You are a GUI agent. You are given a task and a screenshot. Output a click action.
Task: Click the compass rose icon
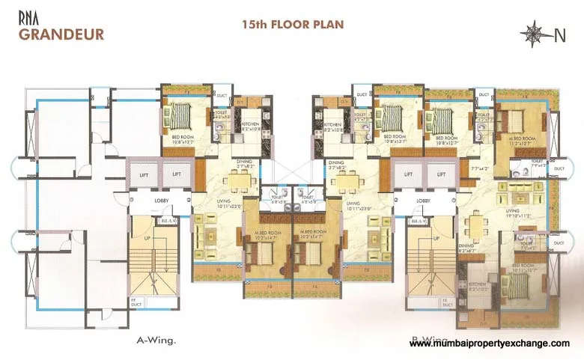[535, 32]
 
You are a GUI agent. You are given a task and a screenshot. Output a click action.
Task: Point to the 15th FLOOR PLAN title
[293, 24]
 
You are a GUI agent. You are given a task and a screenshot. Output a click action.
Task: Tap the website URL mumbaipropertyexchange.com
[490, 342]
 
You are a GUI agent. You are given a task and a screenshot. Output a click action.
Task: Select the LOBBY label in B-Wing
[423, 201]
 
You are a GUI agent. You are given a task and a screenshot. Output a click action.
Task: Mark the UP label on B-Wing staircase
[434, 238]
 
